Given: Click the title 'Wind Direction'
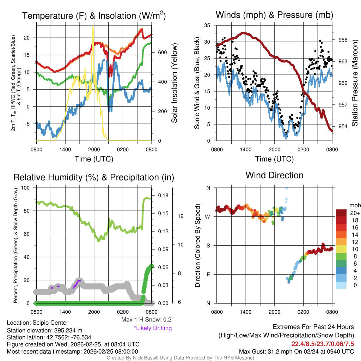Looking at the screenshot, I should click(x=274, y=175).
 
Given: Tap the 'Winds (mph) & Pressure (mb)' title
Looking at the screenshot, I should click(x=274, y=15).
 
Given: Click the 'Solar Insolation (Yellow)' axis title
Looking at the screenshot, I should click(x=174, y=83).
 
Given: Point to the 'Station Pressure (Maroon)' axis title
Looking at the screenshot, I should click(x=355, y=83).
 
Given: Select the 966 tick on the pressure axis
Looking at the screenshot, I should click(x=343, y=40).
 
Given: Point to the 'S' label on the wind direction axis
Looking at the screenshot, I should click(x=208, y=245).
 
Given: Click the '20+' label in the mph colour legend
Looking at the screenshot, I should click(x=355, y=213).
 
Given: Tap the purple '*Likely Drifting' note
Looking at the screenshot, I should click(x=153, y=328).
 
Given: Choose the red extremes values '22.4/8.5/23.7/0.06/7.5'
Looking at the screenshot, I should click(x=323, y=344).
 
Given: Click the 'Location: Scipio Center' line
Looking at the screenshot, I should click(x=38, y=323).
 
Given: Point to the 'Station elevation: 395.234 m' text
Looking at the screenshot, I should click(x=44, y=330).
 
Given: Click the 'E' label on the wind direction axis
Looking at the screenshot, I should click(x=208, y=274).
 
